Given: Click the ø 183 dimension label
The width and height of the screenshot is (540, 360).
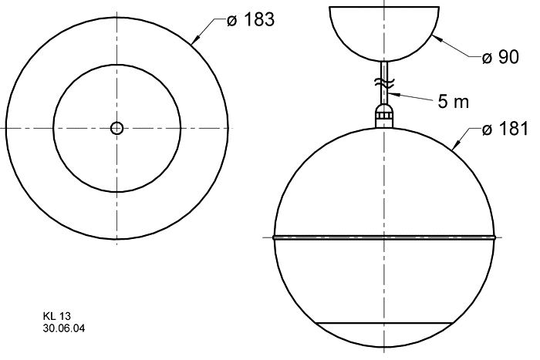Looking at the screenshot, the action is pyautogui.click(x=251, y=19).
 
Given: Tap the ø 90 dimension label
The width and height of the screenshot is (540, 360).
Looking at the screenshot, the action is pyautogui.click(x=501, y=57).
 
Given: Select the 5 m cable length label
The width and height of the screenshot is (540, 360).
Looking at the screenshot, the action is pyautogui.click(x=454, y=101).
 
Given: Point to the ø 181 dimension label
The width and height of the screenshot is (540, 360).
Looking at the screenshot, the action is pyautogui.click(x=505, y=129).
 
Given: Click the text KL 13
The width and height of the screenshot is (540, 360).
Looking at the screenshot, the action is pyautogui.click(x=57, y=316).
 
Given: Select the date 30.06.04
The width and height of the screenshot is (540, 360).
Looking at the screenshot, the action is pyautogui.click(x=64, y=328).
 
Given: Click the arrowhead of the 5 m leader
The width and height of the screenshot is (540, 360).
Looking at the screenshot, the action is pyautogui.click(x=393, y=93).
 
